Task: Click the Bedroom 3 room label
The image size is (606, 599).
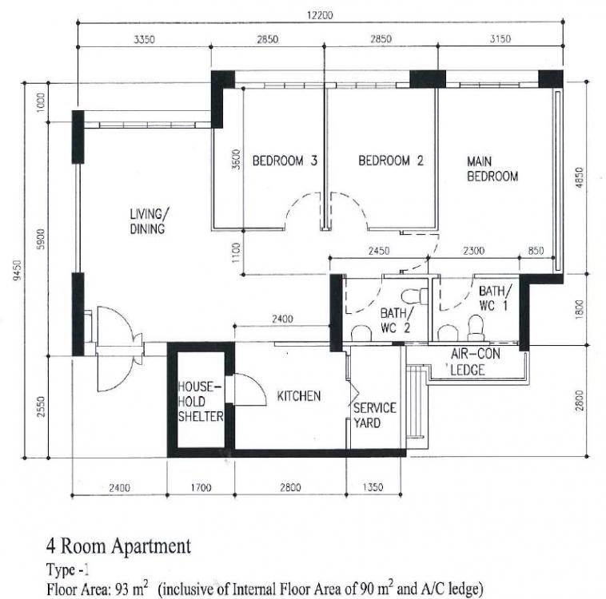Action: click(285, 161)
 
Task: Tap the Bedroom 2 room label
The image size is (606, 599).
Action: click(391, 161)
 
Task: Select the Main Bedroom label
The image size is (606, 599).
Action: click(492, 169)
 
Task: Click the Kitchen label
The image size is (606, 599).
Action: click(299, 396)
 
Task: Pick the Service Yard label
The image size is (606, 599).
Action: click(374, 415)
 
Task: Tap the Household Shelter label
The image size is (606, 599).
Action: click(201, 402)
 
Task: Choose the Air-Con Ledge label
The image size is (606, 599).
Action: click(475, 362)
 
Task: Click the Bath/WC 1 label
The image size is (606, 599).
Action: click(495, 298)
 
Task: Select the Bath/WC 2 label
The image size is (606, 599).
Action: click(397, 320)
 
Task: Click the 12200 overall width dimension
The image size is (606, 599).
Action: click(320, 15)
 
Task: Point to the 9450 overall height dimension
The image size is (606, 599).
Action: click(17, 270)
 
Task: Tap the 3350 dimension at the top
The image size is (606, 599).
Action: click(144, 39)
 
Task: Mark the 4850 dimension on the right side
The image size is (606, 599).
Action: click(579, 177)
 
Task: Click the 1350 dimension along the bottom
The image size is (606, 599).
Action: click(373, 487)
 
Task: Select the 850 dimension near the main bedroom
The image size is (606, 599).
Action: click(536, 251)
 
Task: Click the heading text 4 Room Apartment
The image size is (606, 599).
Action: click(118, 546)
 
